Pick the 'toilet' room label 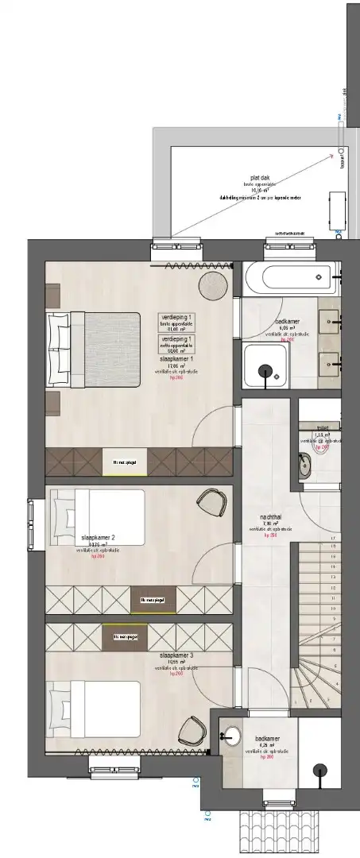click(322, 427)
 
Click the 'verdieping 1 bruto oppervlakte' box click(180, 319)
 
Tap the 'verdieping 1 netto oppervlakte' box click(180, 342)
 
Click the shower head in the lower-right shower click(319, 769)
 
